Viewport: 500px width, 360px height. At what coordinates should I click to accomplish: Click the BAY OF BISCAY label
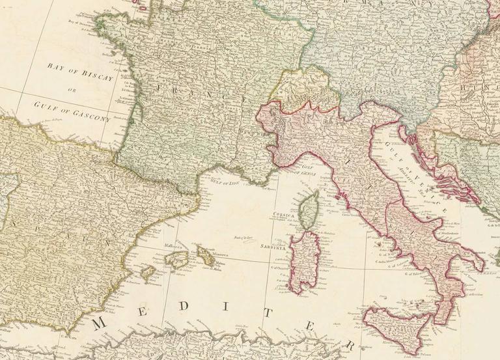pos(81,72)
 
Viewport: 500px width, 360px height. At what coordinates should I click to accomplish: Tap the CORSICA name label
pos(287,215)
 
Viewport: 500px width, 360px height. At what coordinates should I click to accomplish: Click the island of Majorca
pos(177,259)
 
